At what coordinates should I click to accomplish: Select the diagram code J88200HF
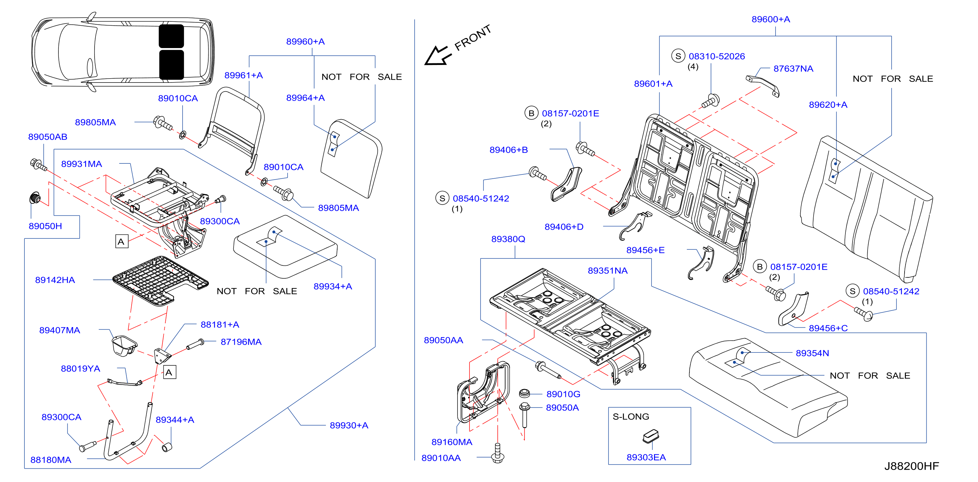912,466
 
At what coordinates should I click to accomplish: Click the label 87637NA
793,69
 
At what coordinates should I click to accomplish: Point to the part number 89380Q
508,239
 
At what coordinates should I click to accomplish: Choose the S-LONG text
631,416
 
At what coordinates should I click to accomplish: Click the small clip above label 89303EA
651,436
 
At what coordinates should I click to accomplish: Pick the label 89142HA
55,280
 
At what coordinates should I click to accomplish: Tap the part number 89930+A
349,425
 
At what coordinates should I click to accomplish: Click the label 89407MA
59,330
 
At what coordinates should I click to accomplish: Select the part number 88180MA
51,460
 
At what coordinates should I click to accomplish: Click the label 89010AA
441,458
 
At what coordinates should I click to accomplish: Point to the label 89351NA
608,271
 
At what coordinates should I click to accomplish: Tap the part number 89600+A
771,19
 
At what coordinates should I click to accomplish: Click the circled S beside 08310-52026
678,56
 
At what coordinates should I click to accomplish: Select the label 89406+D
564,227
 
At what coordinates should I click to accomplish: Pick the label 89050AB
48,137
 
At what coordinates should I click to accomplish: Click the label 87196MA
241,342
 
